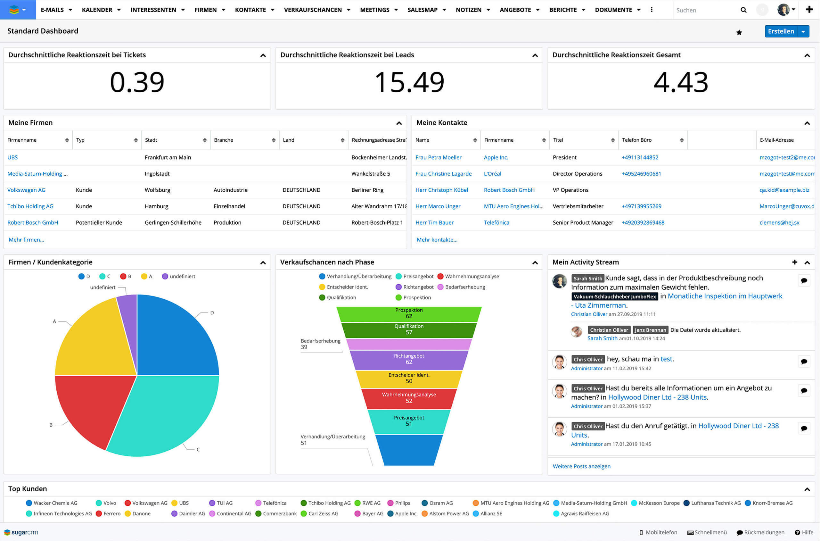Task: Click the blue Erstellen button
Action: pyautogui.click(x=781, y=31)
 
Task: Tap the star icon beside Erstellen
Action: pyautogui.click(x=739, y=32)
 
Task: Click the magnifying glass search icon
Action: pyautogui.click(x=743, y=10)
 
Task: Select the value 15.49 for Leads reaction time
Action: pyautogui.click(x=409, y=82)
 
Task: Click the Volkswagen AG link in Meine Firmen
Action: pyautogui.click(x=26, y=190)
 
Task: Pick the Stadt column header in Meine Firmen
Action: pyautogui.click(x=151, y=140)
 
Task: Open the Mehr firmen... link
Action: pyautogui.click(x=26, y=240)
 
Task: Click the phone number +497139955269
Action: pyautogui.click(x=641, y=206)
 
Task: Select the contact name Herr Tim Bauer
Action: pyautogui.click(x=434, y=222)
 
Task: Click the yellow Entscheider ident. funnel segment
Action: pyautogui.click(x=409, y=379)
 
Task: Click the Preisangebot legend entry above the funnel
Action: pyautogui.click(x=418, y=276)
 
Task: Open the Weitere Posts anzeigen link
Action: pyautogui.click(x=581, y=466)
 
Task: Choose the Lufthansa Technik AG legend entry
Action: pyautogui.click(x=716, y=503)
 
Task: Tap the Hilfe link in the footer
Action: pyautogui.click(x=807, y=532)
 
